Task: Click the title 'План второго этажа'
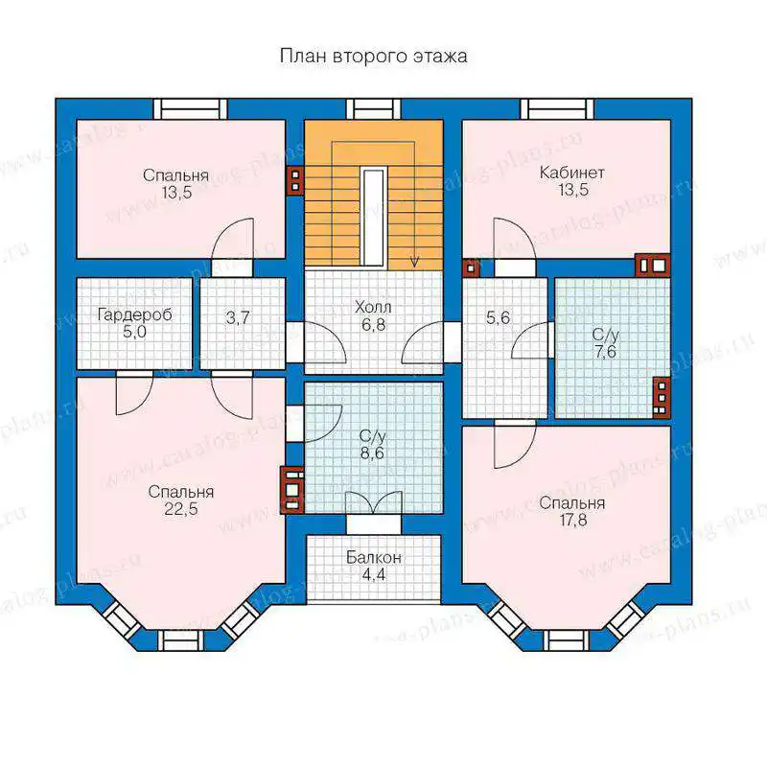click(x=373, y=56)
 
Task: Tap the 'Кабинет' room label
click(x=571, y=173)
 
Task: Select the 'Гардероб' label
click(x=134, y=315)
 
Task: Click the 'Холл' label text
click(x=373, y=307)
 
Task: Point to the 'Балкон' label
click(x=374, y=557)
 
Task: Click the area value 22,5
click(x=181, y=509)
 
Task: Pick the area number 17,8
click(x=573, y=520)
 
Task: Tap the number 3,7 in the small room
click(x=238, y=318)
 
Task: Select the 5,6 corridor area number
click(x=498, y=318)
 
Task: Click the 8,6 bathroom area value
click(x=372, y=453)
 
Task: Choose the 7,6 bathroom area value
click(x=606, y=352)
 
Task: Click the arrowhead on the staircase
click(x=415, y=262)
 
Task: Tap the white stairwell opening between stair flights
click(x=373, y=217)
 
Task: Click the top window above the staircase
click(x=374, y=108)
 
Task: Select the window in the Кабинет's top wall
click(x=557, y=108)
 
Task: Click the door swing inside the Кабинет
click(x=515, y=239)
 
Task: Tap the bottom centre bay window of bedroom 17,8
click(x=567, y=640)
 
